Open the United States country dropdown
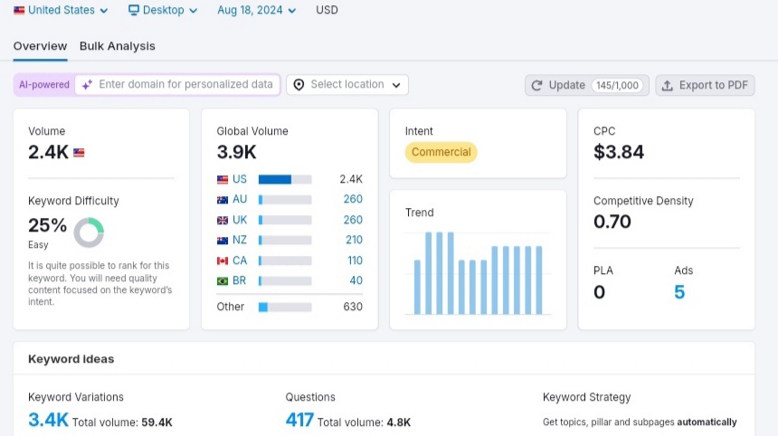61,10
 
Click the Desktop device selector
163,10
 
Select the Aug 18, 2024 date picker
256,10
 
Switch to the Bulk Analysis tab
117,46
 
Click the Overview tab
40,46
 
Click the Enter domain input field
177,84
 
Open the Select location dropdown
347,85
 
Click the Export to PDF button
705,85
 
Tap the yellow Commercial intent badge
441,152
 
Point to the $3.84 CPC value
619,152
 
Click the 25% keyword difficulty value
47,225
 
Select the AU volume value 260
353,199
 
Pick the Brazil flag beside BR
223,280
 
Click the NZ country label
240,240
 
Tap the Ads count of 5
679,292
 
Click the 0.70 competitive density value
612,222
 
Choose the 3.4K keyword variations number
48,420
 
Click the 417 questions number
299,420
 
